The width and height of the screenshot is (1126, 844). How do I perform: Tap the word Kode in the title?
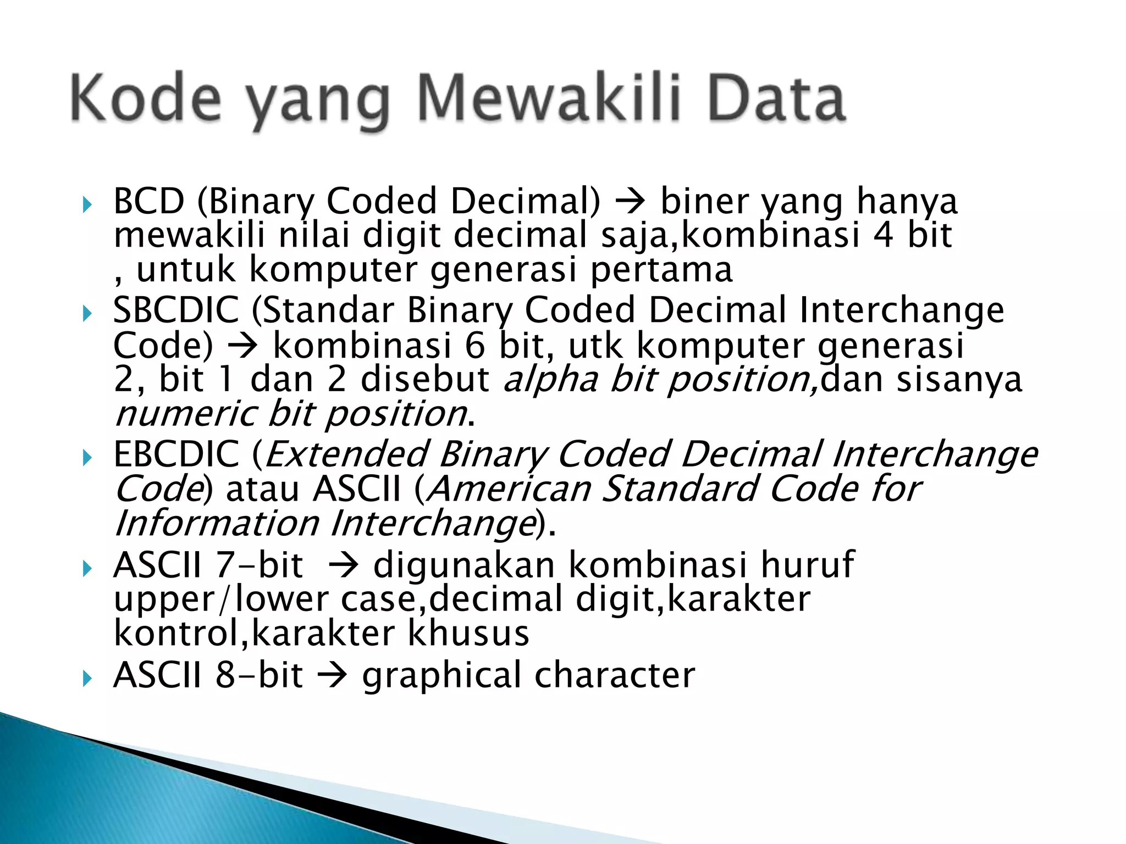146,99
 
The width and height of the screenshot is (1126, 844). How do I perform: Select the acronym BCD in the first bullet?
148,201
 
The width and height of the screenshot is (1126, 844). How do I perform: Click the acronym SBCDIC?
176,310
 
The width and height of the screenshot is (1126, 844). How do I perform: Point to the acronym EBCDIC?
176,454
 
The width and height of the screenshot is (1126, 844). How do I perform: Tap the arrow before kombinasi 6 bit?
242,346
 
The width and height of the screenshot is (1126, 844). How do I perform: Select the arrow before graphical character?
333,676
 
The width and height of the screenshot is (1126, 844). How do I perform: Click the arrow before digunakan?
344,566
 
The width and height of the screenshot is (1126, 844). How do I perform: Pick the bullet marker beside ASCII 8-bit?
87,679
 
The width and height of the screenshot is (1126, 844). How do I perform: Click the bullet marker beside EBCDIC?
87,458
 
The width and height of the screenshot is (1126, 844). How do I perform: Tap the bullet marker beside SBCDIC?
87,314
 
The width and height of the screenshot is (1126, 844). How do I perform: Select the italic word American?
509,488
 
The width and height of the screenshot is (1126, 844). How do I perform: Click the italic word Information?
217,523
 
